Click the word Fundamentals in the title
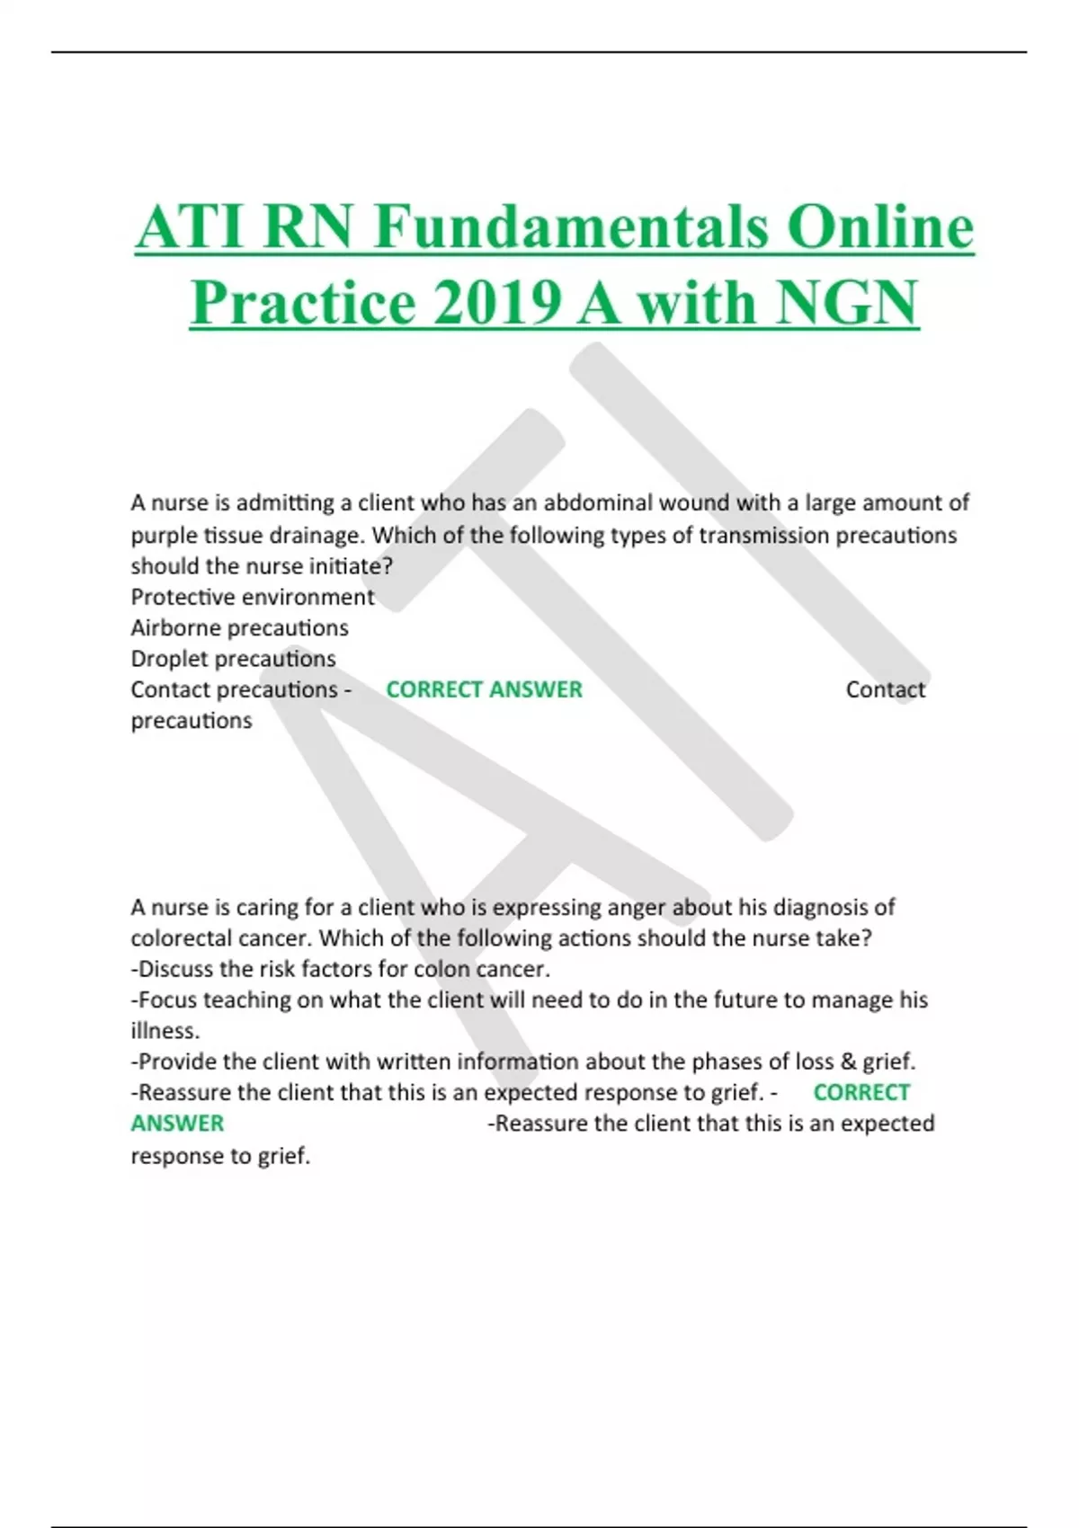pos(571,227)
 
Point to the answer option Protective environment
pos(253,597)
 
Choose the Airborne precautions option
pos(239,627)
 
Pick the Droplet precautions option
pos(233,659)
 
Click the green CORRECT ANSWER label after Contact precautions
pos(484,689)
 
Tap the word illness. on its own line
pos(165,1031)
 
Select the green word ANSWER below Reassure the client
pos(177,1124)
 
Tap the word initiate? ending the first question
pos(349,566)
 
